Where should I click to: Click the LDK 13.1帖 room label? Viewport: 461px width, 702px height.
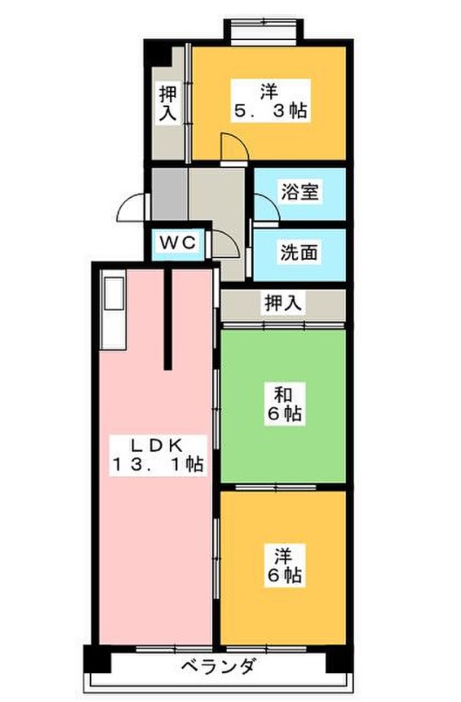158,455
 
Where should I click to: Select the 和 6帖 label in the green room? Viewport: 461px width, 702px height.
284,405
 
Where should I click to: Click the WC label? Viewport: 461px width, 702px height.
178,243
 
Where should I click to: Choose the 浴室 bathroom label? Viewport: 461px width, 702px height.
300,192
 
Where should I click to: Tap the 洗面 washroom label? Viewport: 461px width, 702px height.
299,253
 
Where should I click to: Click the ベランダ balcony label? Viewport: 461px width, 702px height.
219,667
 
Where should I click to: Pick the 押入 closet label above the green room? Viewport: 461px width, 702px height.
284,303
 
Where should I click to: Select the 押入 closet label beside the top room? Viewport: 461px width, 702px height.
168,104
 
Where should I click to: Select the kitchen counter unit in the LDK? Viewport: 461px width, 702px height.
113,310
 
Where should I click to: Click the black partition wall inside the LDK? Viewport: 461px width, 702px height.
168,318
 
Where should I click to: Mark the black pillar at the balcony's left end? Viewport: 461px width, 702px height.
97,658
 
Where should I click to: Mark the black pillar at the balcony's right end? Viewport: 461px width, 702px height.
340,658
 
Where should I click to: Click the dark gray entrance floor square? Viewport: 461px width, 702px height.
170,194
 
